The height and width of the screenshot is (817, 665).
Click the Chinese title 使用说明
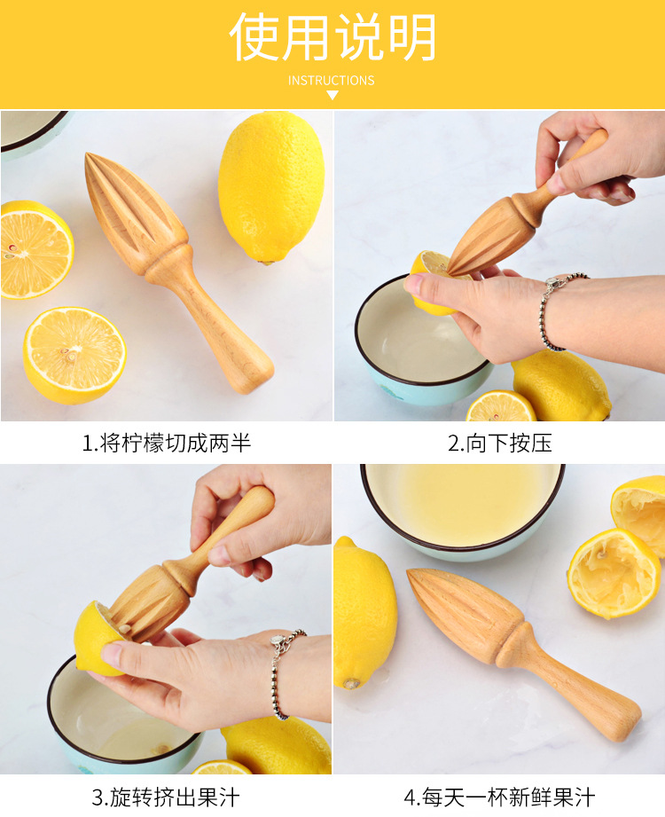click(x=332, y=37)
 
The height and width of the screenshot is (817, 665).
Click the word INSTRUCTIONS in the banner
click(x=332, y=81)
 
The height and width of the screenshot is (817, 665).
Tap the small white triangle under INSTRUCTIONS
click(x=332, y=95)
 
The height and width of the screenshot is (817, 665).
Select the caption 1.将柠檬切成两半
click(x=167, y=443)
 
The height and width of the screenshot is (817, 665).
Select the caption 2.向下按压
click(x=499, y=443)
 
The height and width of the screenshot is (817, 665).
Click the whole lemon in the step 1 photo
click(x=270, y=187)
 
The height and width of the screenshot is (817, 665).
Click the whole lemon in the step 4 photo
click(x=364, y=612)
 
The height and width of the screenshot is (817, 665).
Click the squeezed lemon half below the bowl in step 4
click(x=614, y=572)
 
